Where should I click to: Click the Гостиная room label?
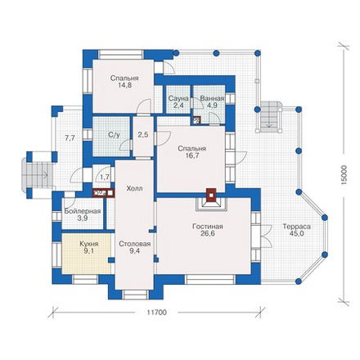point(208,227)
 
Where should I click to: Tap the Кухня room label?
point(89,244)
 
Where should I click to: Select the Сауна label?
point(178,98)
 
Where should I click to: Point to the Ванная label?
point(212,98)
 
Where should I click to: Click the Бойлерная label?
point(83,211)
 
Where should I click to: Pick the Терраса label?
point(296,227)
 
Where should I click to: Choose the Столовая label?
point(135,244)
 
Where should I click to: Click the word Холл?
point(134,188)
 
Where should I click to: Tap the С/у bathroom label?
point(114,135)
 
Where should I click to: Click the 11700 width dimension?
point(156,313)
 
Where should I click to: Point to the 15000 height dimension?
point(344,175)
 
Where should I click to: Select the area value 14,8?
point(124,85)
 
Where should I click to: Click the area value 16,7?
point(192,155)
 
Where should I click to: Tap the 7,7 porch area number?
point(70,138)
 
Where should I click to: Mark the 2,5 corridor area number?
point(143,134)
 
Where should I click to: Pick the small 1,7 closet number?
point(105,177)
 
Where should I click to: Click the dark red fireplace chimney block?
point(211,195)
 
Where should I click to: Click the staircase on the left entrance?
point(37,175)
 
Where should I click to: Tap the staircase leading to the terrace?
point(269,117)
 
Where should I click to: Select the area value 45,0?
point(297,233)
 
